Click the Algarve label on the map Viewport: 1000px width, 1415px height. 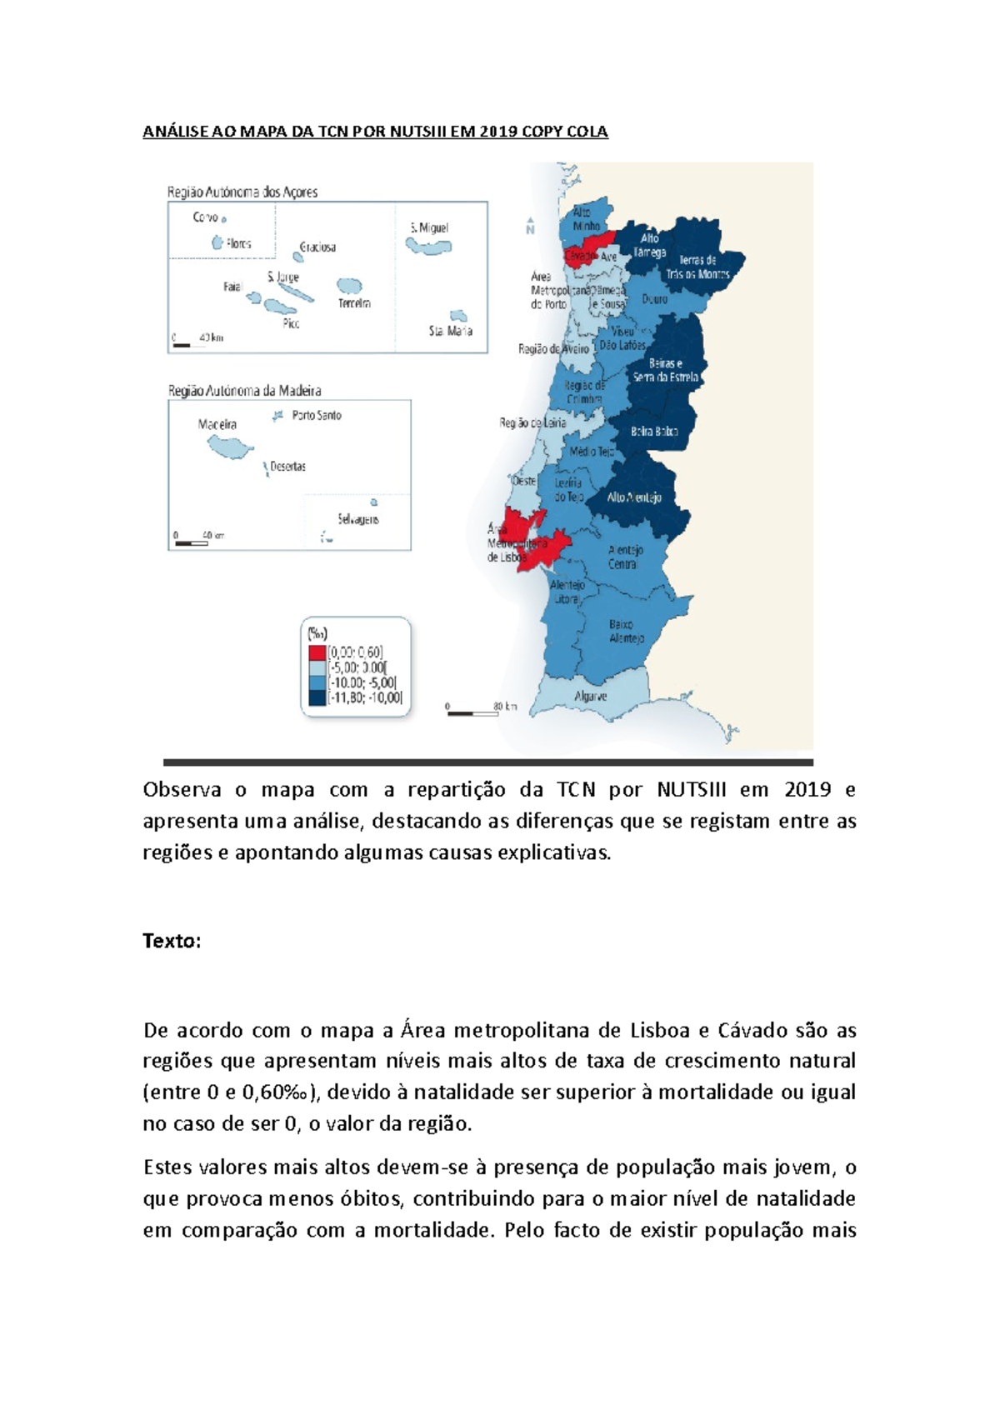[590, 696]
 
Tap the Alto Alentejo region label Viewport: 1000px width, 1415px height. [634, 497]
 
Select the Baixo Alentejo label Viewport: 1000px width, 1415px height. [626, 631]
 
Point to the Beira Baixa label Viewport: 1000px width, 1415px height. [654, 432]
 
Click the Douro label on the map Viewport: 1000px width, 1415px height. [654, 298]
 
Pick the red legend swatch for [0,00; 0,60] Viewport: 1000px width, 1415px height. [317, 652]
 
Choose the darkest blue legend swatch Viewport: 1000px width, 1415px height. [317, 697]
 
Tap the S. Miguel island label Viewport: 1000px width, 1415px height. [429, 227]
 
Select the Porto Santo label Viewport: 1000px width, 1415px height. [316, 415]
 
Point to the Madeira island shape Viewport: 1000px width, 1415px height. [230, 447]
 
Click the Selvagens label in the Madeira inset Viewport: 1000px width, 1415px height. [358, 519]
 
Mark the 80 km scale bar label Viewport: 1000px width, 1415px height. [504, 707]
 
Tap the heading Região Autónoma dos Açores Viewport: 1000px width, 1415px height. [242, 192]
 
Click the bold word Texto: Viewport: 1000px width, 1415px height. [172, 941]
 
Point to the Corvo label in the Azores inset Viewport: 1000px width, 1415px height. [205, 217]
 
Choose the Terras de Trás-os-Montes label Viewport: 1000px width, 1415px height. [697, 267]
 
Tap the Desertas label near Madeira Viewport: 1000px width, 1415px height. [287, 467]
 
